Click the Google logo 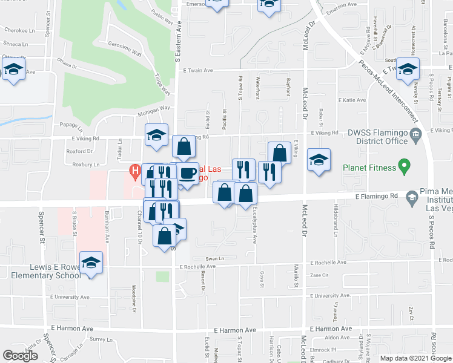pos(20,356)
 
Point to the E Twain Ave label pos(199,71)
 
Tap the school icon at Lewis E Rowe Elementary pos(91,263)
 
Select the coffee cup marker pos(187,173)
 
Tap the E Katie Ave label pos(352,100)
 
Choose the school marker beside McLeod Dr pos(319,160)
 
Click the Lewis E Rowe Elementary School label pos(41,271)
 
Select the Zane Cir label pos(319,275)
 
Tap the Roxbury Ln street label pos(85,164)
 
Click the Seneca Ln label pos(16,44)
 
